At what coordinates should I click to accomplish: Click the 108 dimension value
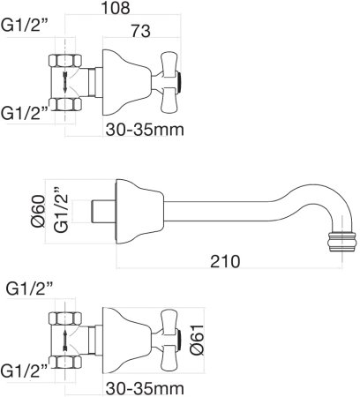point(115,8)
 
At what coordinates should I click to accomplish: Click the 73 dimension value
point(140,31)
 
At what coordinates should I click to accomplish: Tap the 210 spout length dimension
point(225,261)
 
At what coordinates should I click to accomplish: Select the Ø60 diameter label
point(38,211)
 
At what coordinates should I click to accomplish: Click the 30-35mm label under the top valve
point(145,130)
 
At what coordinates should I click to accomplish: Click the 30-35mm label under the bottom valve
point(145,388)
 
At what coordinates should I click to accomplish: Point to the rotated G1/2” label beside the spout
point(61,209)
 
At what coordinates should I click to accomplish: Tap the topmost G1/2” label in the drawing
point(25,26)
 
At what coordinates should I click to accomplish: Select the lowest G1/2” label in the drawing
point(24,371)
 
